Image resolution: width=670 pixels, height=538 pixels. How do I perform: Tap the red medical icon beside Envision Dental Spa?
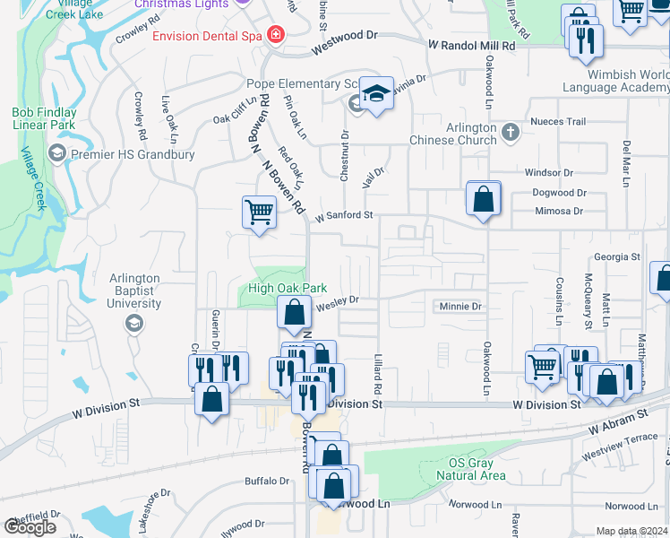(x=275, y=36)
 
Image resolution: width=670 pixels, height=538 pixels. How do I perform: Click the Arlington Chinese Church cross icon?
(x=511, y=133)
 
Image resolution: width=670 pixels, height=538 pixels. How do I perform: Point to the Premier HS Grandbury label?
(x=133, y=154)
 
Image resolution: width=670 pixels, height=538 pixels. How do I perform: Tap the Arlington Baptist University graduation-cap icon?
(x=134, y=322)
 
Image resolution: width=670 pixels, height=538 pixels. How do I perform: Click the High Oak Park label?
(x=288, y=288)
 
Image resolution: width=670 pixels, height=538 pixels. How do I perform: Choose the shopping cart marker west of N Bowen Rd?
(x=259, y=213)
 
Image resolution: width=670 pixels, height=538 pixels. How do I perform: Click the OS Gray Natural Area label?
(x=477, y=469)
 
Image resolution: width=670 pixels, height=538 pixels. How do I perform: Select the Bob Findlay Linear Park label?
(x=44, y=118)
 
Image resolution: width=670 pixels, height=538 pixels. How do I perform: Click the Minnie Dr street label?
(x=460, y=307)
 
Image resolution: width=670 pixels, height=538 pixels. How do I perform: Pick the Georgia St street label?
(x=617, y=256)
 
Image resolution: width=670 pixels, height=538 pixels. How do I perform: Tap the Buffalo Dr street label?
(x=267, y=482)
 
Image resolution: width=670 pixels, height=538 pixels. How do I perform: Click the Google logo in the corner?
(x=30, y=527)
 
